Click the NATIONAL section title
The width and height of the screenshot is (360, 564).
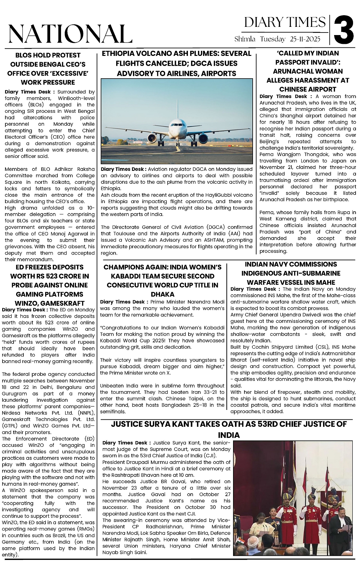[70, 34]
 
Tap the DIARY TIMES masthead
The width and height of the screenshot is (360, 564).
[285, 22]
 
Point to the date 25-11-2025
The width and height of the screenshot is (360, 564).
[303, 39]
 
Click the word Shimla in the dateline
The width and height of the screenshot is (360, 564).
[245, 39]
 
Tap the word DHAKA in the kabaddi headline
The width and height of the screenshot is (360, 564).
[163, 294]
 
